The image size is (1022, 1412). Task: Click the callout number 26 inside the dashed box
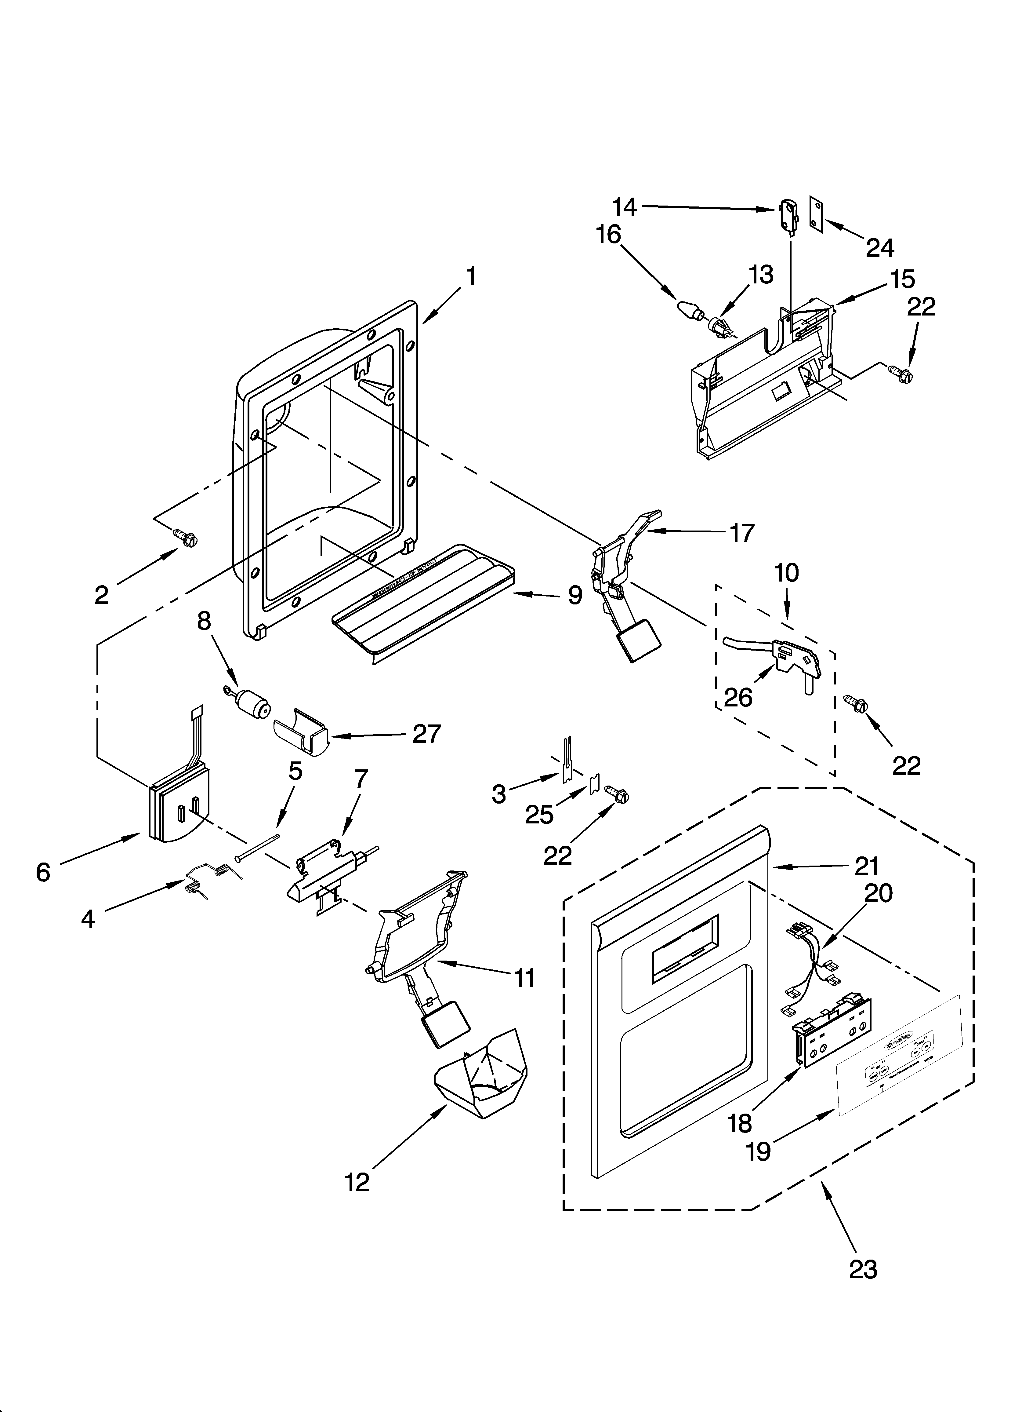(738, 698)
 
